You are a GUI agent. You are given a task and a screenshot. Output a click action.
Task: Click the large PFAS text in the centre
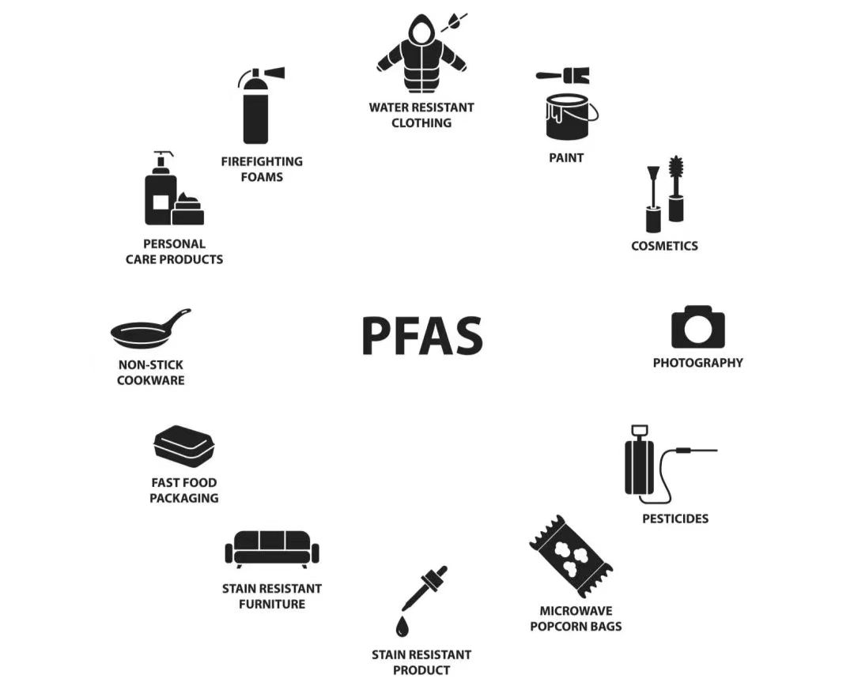(422, 335)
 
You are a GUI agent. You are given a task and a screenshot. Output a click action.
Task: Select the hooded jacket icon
(421, 54)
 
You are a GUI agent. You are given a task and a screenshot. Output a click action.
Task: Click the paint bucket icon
(570, 116)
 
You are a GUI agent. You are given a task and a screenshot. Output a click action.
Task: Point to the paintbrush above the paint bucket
(563, 75)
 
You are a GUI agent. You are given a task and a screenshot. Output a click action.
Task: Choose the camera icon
(697, 326)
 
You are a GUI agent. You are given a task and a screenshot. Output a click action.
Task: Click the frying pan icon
(150, 329)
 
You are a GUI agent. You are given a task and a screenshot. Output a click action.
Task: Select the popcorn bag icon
(571, 556)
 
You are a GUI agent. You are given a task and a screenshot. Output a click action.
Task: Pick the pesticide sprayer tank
(640, 465)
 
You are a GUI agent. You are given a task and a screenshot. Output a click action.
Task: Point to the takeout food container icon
(184, 445)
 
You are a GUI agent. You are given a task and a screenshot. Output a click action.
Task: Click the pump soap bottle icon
(161, 188)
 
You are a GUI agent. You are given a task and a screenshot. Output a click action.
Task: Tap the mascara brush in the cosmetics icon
(676, 188)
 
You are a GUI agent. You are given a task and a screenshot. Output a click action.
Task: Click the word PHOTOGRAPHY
(697, 363)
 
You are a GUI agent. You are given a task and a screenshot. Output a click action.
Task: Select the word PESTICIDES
(675, 518)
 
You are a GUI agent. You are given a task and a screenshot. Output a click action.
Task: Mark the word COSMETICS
(664, 246)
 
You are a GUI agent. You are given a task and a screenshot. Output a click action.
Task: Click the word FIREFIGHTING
(262, 162)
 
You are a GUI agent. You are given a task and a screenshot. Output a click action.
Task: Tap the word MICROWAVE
(576, 611)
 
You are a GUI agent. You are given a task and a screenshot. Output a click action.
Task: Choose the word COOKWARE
(151, 380)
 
